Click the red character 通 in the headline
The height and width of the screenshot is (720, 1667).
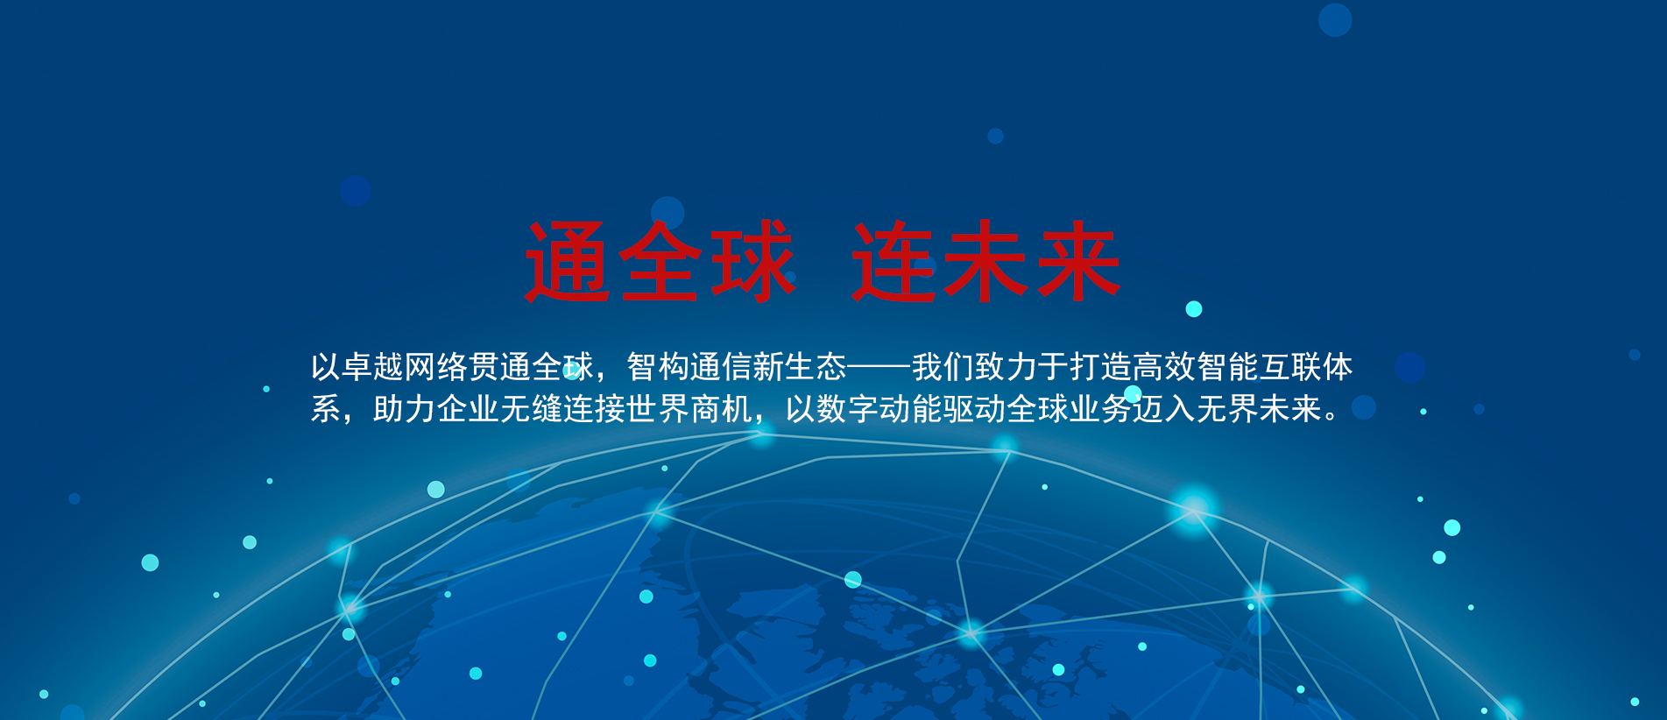tap(567, 262)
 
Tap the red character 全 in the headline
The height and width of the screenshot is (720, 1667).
tap(660, 262)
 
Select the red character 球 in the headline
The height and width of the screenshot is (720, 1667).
tap(753, 262)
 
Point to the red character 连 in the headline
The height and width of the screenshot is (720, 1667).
tap(893, 262)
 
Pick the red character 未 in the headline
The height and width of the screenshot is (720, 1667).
tap(985, 262)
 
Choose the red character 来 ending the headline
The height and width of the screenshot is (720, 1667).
tap(1077, 262)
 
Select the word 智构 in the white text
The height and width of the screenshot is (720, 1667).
tap(658, 367)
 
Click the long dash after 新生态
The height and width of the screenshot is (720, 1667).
tap(879, 367)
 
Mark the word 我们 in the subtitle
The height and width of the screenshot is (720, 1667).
tap(943, 367)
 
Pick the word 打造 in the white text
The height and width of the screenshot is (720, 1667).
tap(1101, 367)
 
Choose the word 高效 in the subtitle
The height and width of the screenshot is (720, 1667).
tap(1164, 367)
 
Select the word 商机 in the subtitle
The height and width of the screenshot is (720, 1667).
tap(721, 409)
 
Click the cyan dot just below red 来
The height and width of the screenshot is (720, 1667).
tap(1194, 309)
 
